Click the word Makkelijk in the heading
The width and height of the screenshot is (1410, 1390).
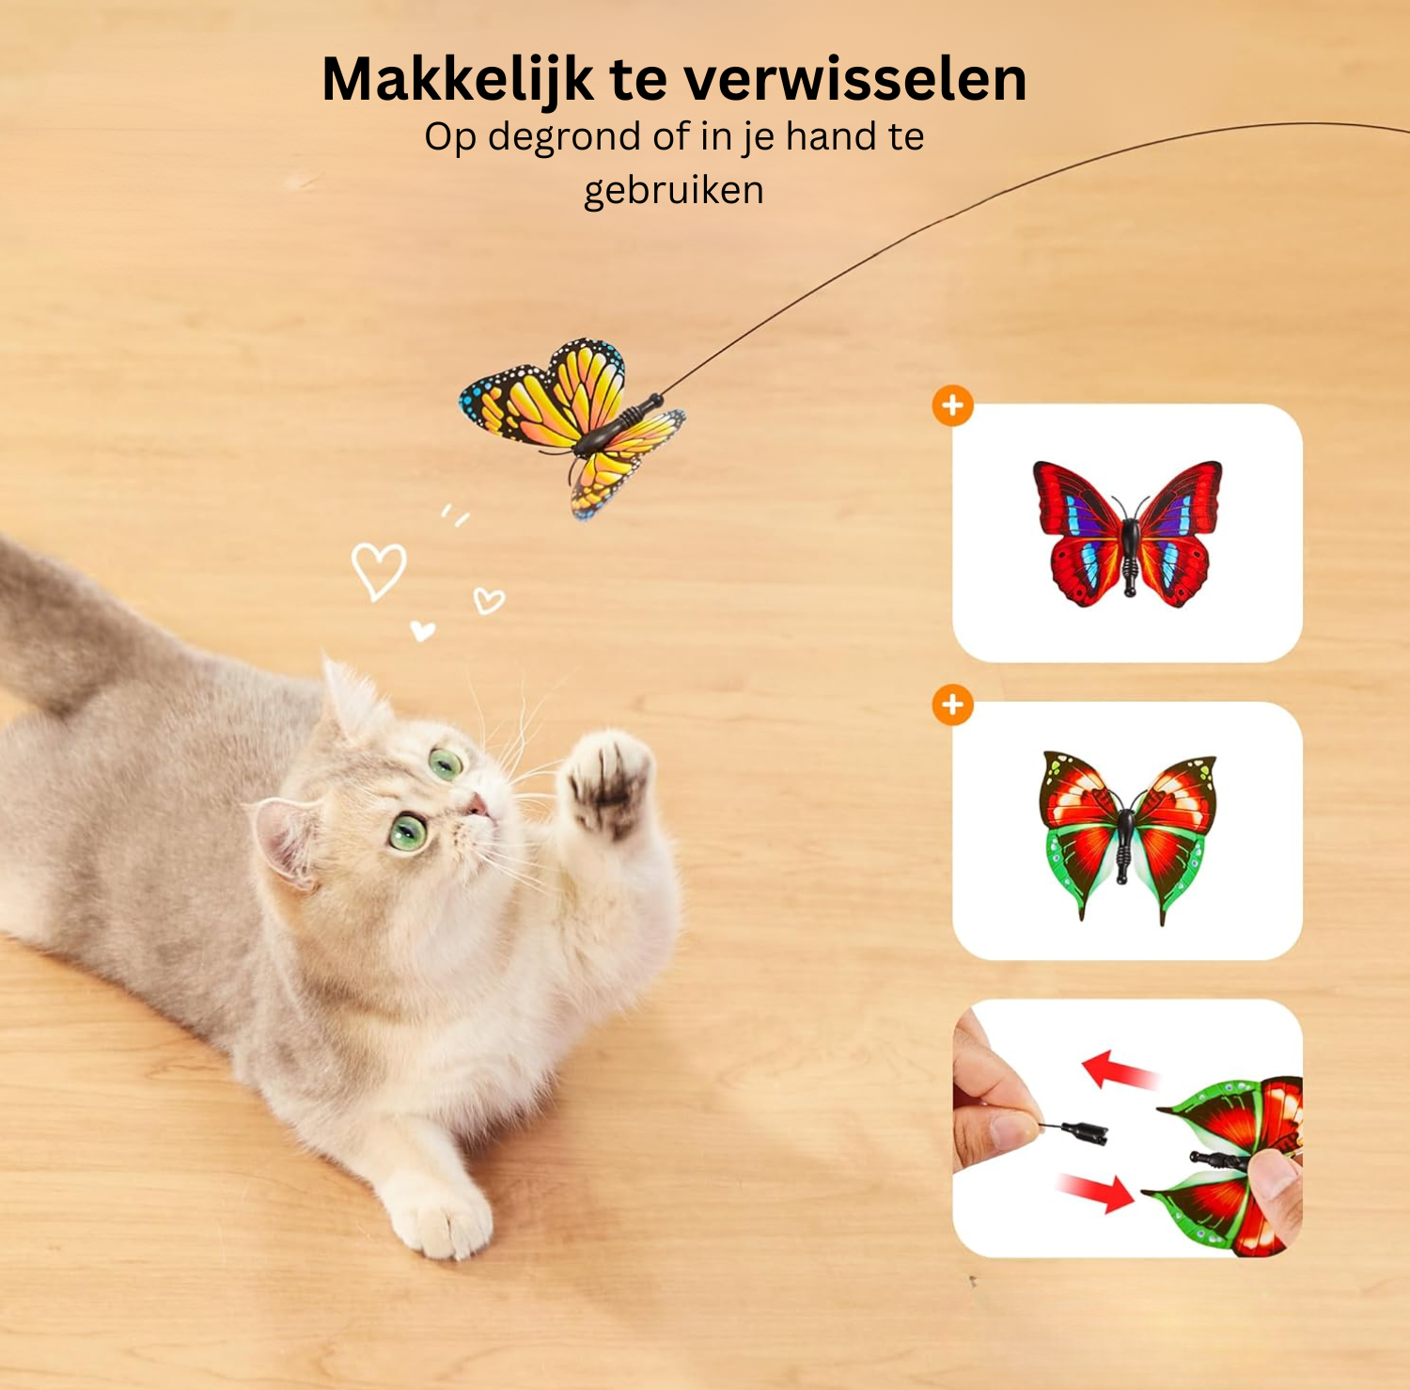pos(457,80)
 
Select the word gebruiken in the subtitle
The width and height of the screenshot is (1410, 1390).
pos(673,191)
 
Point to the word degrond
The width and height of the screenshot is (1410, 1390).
pos(565,137)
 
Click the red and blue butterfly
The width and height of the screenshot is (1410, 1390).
pos(1127,532)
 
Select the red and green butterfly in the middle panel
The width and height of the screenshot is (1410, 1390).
pos(1127,833)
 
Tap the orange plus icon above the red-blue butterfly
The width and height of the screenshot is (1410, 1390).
pos(952,406)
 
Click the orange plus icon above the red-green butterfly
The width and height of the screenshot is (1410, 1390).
pos(952,705)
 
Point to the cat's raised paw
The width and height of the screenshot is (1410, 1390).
pos(608,781)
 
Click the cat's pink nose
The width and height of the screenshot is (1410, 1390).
pos(478,805)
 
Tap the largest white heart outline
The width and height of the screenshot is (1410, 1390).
pos(379,570)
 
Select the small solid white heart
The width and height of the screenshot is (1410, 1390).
pos(422,630)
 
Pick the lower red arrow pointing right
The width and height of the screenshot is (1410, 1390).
pos(1096,1192)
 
